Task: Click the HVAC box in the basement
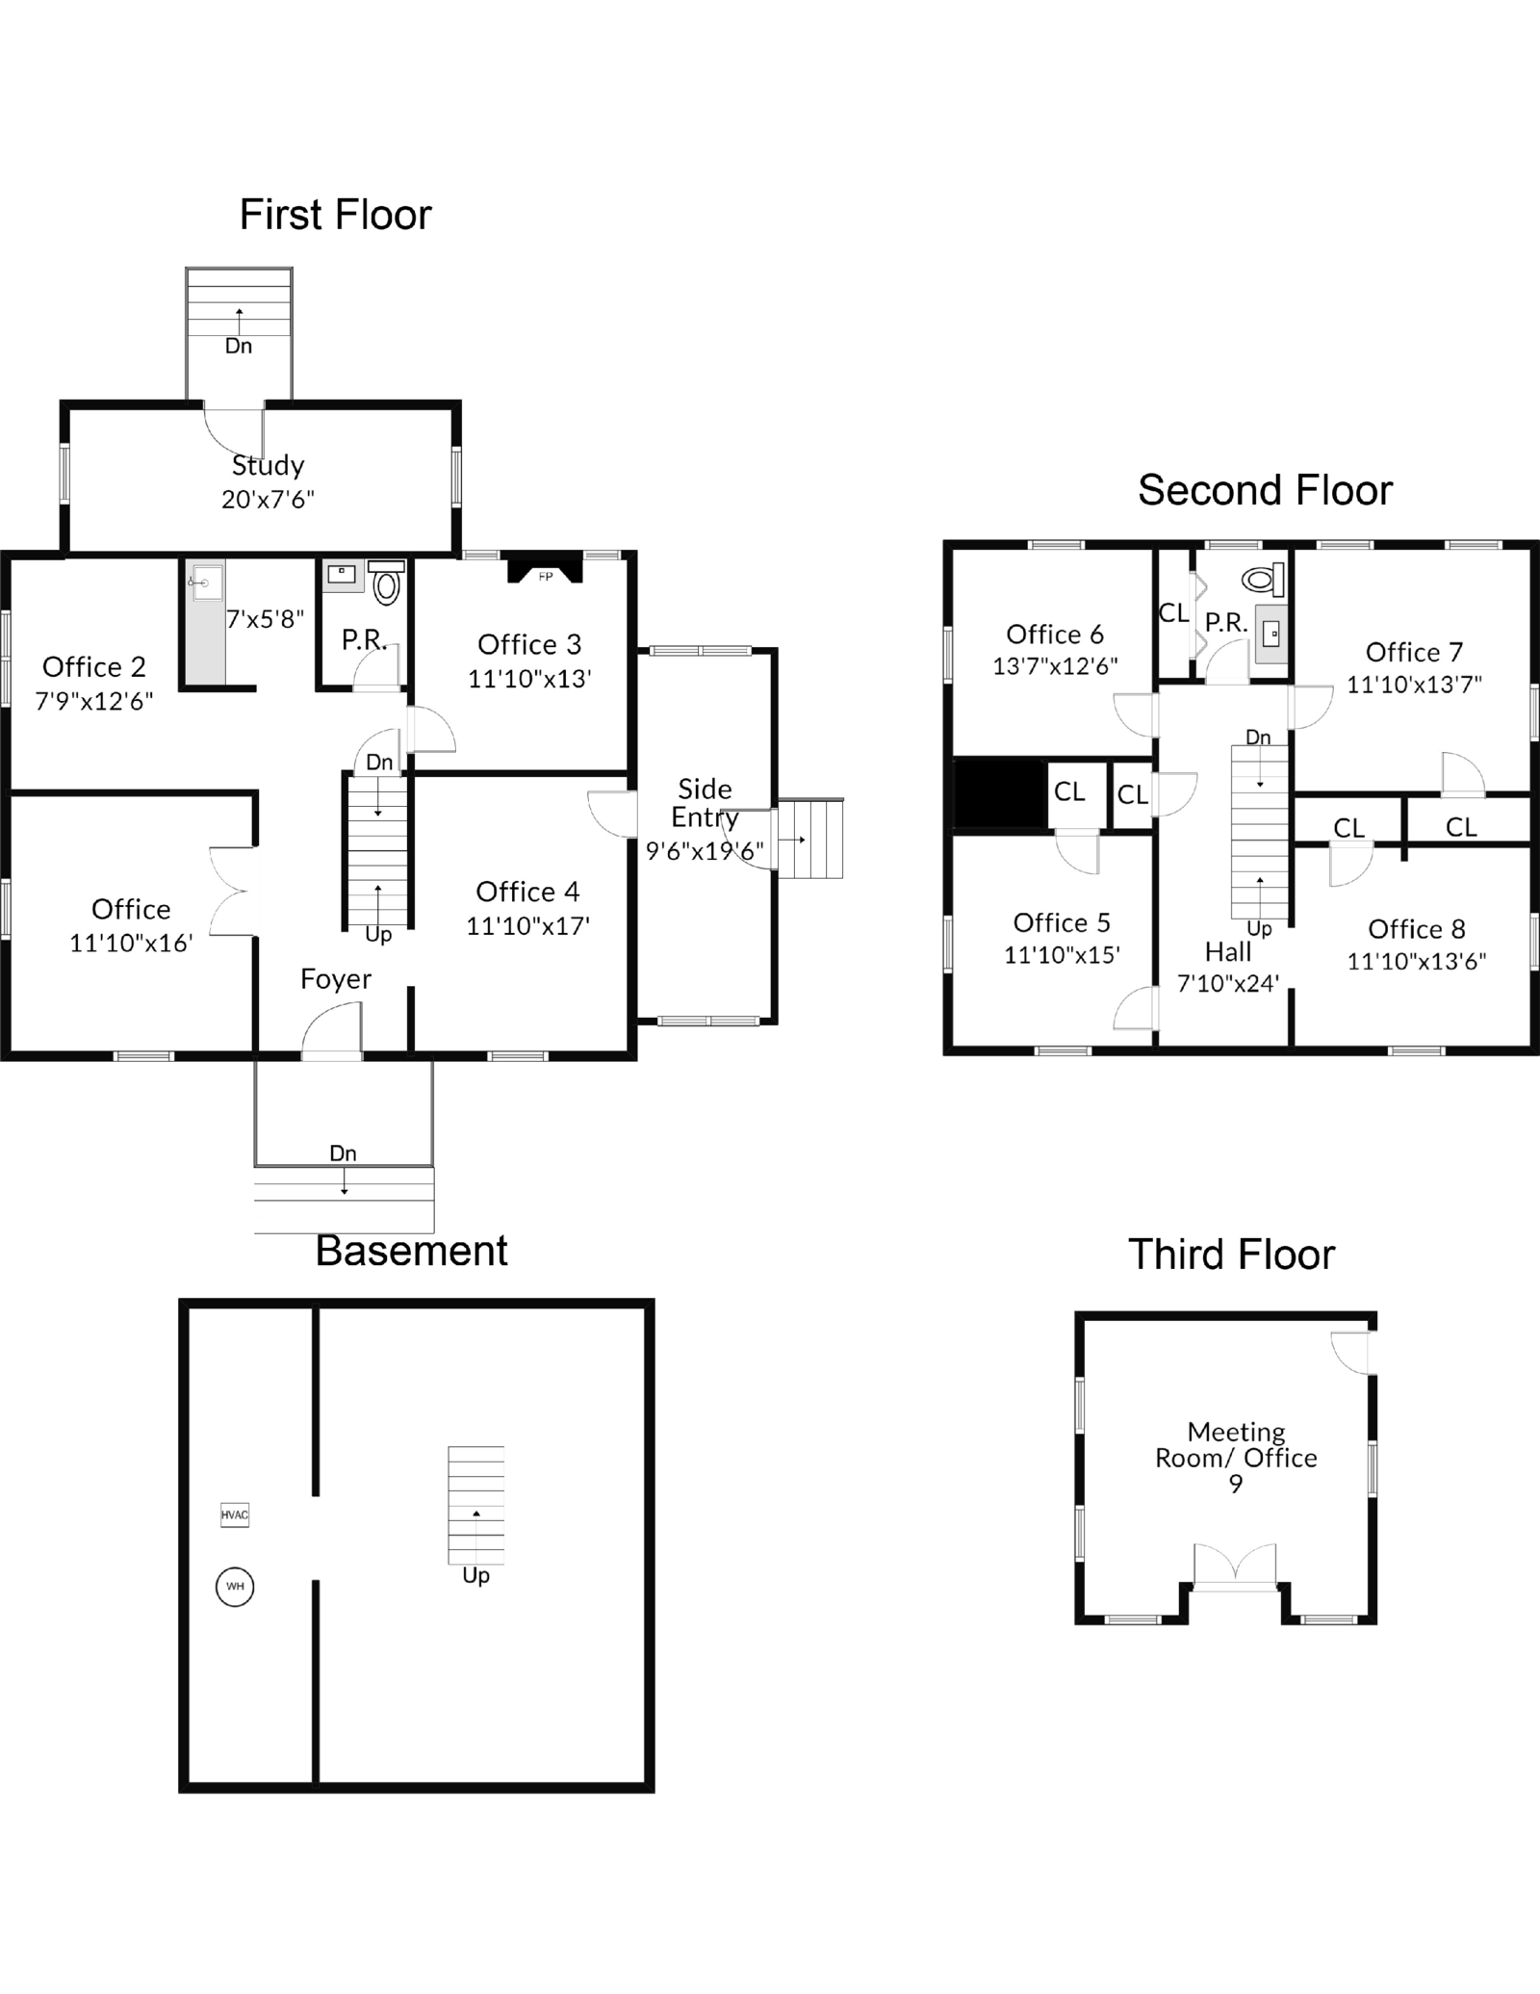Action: click(234, 1515)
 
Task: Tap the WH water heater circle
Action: click(235, 1586)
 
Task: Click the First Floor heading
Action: click(335, 214)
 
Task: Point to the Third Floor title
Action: click(1231, 1255)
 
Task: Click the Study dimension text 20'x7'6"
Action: click(268, 500)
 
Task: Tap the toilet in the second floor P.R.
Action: click(1264, 579)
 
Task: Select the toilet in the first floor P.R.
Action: click(386, 583)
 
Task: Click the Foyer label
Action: click(335, 979)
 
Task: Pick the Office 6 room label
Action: click(1054, 634)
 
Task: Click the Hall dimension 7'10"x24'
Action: click(1227, 984)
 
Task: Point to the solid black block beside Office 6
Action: click(999, 792)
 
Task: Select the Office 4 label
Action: click(527, 892)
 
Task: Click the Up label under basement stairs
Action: click(475, 1575)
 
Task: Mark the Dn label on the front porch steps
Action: click(343, 1153)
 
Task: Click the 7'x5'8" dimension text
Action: click(265, 619)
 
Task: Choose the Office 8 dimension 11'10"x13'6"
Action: click(1416, 961)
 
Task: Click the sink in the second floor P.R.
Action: click(1270, 634)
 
